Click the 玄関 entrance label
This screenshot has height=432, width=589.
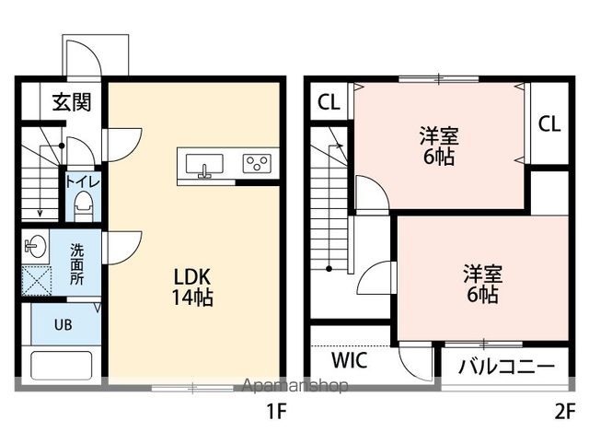72,101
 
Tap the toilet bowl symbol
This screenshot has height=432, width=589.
84,205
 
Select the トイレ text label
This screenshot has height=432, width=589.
83,181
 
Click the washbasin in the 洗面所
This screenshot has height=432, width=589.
35,246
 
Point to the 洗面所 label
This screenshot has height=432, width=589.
77,264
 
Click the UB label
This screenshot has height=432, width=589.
64,324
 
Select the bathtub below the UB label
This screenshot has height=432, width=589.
62,366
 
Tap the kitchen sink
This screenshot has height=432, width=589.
204,164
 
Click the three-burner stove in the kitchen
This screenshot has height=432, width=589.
257,164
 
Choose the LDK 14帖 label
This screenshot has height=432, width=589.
192,286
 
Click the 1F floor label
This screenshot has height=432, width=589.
276,412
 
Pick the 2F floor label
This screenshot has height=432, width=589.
565,412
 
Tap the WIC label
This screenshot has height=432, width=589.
349,360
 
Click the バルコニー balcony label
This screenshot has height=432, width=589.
506,366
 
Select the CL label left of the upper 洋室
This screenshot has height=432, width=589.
329,101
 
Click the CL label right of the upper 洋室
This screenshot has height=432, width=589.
549,123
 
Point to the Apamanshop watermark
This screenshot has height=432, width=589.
294,385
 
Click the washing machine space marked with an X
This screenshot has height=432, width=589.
36,281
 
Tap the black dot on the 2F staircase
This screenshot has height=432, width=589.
329,269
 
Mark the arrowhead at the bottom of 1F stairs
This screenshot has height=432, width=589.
40,214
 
